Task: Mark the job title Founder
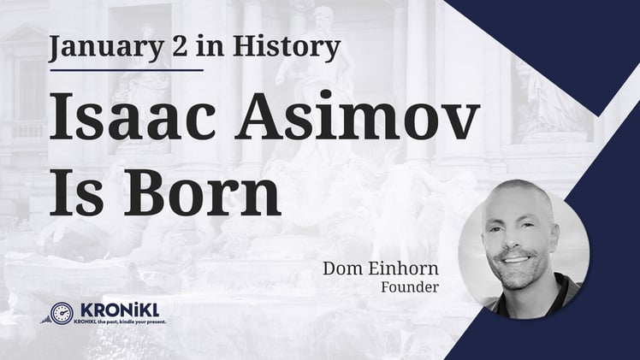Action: pyautogui.click(x=410, y=287)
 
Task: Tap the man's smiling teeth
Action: pyautogui.click(x=517, y=258)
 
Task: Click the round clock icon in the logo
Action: pyautogui.click(x=61, y=313)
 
